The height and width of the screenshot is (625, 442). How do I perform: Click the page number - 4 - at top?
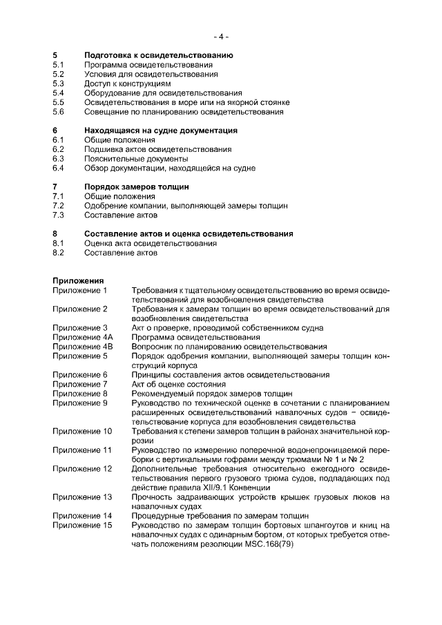tap(220, 36)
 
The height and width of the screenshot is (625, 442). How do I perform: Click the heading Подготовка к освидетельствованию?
tap(158, 55)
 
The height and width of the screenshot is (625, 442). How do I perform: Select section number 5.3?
tap(58, 83)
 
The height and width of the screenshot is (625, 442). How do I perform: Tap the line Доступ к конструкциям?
tap(127, 83)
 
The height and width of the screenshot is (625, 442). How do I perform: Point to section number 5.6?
tap(58, 111)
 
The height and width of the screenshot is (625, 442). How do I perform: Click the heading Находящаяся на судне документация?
tap(160, 130)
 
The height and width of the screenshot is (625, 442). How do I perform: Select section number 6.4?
tap(58, 168)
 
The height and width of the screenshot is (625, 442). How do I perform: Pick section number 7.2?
tap(58, 205)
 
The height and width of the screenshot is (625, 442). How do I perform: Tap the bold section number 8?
tap(55, 233)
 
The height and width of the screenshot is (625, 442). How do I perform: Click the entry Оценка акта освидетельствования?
tap(150, 243)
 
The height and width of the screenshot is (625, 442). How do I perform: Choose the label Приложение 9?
tap(79, 403)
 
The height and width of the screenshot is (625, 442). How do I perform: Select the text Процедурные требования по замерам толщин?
tap(220, 516)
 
